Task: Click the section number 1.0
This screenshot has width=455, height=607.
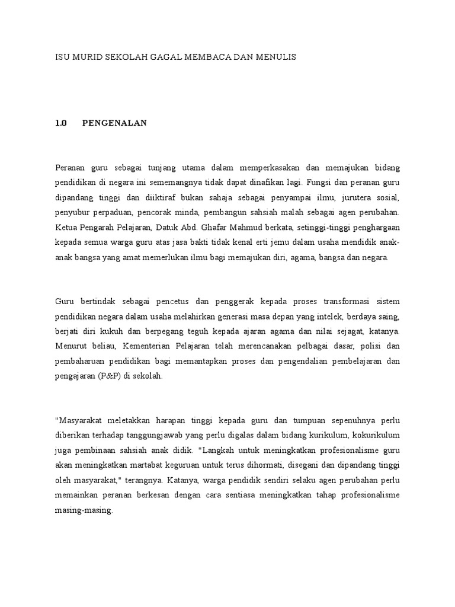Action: point(61,123)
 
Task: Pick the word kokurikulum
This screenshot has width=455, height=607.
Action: point(377,436)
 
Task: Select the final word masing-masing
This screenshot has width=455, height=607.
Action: point(82,510)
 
